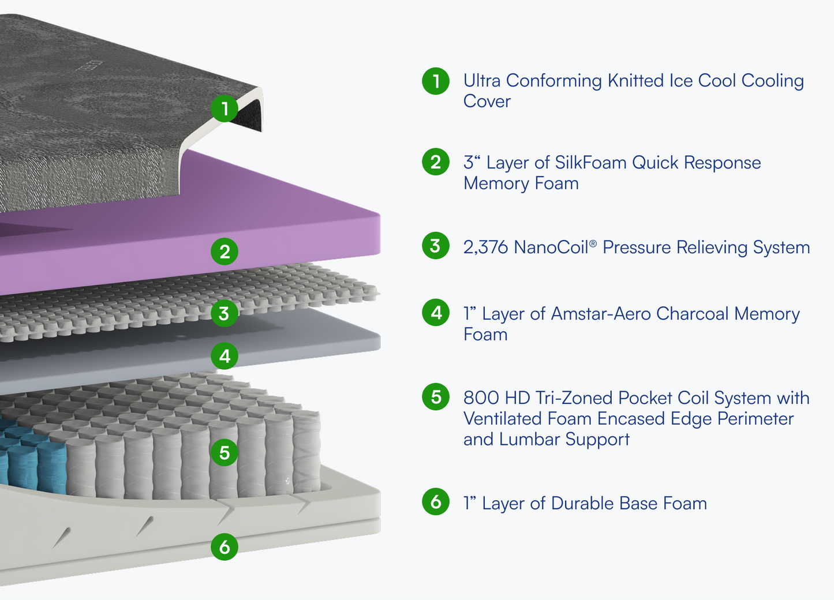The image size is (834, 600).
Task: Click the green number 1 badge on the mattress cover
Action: [225, 108]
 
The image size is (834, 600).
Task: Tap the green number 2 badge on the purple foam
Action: [225, 252]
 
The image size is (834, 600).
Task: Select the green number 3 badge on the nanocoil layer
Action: [225, 313]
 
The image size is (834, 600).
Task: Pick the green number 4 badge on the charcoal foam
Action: [225, 356]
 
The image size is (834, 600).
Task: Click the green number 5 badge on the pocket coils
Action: [225, 452]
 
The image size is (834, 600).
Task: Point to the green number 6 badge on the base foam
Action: [225, 546]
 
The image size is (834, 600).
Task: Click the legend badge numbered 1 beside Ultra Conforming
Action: [436, 81]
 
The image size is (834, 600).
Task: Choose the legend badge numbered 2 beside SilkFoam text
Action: [436, 162]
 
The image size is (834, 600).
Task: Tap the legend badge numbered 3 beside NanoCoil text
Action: [436, 246]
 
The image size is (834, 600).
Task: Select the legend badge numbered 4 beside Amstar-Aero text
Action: [436, 313]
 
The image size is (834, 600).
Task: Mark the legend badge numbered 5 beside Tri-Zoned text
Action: [436, 397]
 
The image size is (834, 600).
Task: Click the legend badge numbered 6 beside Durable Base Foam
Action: [436, 502]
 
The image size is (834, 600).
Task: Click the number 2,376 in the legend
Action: [485, 247]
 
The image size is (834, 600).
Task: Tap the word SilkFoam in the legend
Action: [590, 163]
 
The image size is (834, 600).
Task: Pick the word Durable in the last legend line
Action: [582, 504]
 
